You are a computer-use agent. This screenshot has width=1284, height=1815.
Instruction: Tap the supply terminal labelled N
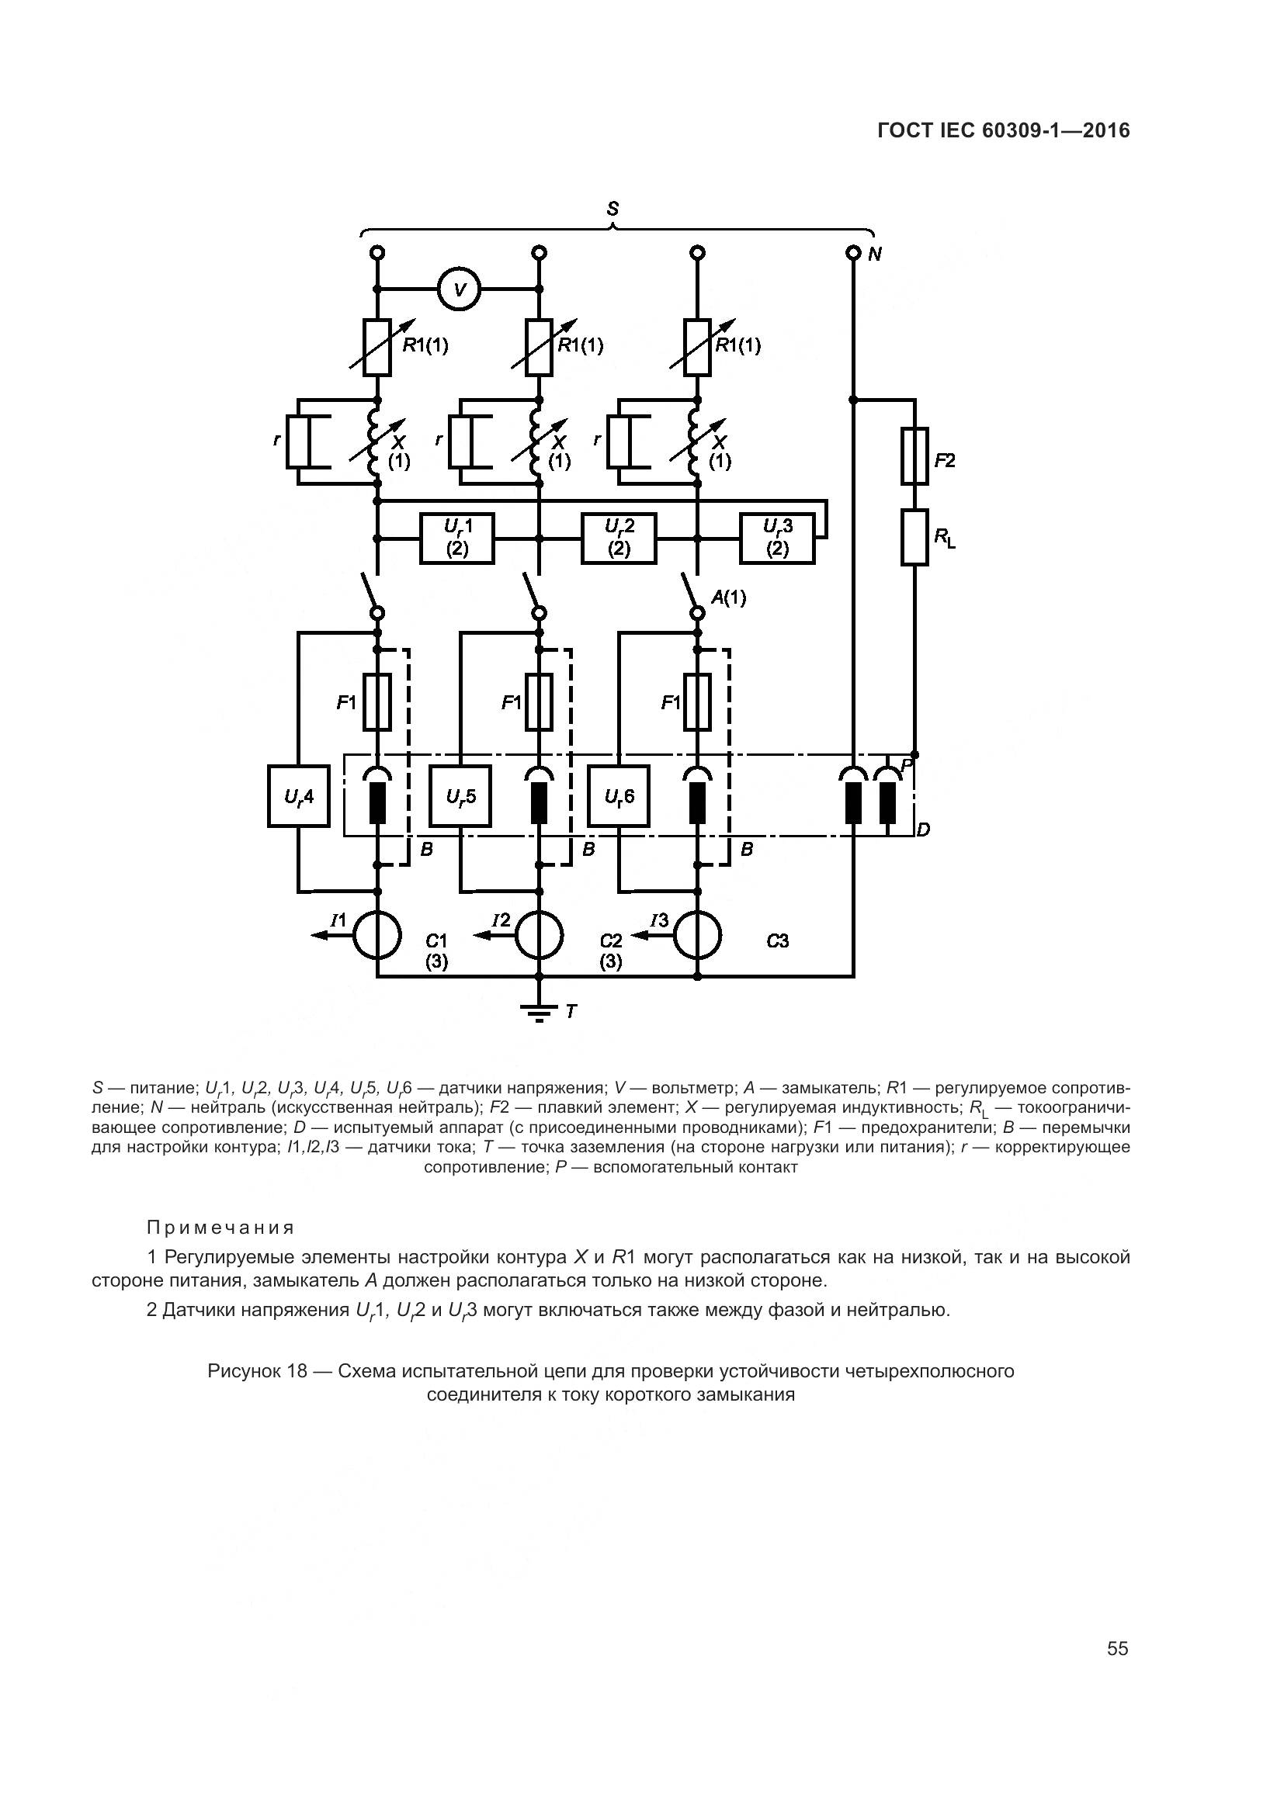coord(853,253)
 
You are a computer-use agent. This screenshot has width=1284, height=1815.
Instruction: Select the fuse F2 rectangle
coord(914,456)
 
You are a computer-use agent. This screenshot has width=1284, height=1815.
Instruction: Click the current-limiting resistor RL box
coord(914,538)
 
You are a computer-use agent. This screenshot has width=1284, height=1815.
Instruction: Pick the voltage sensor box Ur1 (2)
coord(457,539)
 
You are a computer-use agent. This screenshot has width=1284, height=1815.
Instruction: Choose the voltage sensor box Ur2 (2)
coord(619,539)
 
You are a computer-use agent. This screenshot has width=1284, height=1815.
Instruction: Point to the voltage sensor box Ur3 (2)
coord(777,539)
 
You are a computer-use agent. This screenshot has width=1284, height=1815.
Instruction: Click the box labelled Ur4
coord(299,796)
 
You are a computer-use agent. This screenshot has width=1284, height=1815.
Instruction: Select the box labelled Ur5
coord(460,796)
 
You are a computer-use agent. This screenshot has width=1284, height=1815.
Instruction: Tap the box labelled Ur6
coord(618,796)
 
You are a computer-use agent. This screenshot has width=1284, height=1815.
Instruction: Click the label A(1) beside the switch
coord(728,597)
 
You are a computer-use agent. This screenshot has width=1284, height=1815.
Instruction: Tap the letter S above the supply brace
coord(613,210)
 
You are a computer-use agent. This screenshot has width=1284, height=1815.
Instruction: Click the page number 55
coord(1117,1649)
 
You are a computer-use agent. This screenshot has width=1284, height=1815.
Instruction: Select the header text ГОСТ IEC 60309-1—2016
coord(1003,130)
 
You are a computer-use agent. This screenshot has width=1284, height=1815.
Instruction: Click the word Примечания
coord(220,1228)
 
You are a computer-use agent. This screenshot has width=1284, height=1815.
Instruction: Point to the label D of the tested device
coord(924,830)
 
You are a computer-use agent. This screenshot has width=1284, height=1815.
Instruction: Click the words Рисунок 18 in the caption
coord(257,1370)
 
